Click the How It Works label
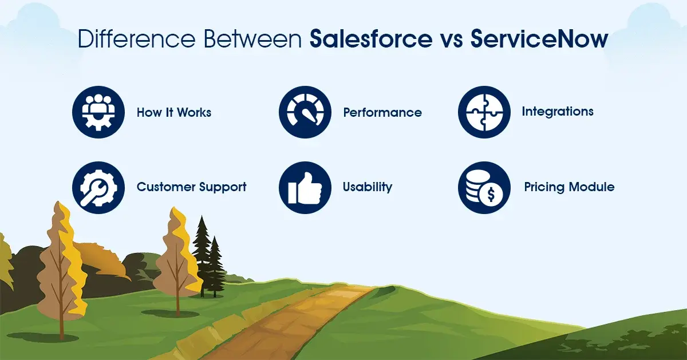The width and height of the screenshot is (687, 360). [174, 112]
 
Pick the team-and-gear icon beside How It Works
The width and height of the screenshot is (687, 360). [98, 112]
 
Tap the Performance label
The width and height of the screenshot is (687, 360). [382, 112]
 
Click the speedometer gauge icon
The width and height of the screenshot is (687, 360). [305, 112]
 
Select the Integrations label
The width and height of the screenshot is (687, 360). [558, 111]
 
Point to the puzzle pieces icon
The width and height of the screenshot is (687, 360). [484, 112]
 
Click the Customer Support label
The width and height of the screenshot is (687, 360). [191, 187]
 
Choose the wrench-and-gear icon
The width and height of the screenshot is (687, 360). [98, 187]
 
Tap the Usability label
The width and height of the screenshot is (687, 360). [367, 187]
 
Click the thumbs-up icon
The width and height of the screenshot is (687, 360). [305, 187]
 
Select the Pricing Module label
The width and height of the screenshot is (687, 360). [569, 187]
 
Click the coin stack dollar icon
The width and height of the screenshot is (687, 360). [484, 187]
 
